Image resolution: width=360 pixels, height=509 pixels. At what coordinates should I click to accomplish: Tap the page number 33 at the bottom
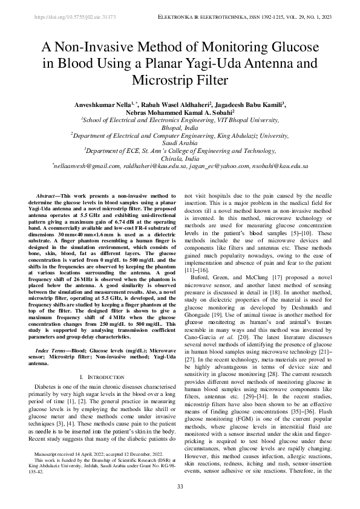point(180,487)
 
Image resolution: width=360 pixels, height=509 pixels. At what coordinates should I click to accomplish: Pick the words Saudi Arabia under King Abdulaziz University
point(180,143)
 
